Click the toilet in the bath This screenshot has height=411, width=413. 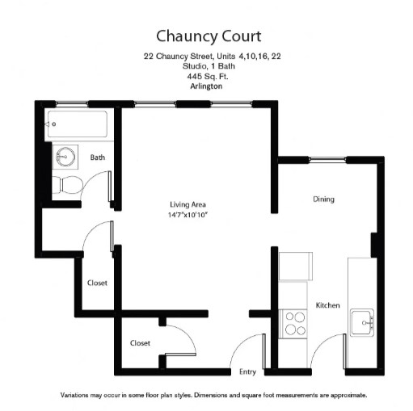(67, 185)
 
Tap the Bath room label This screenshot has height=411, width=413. (98, 157)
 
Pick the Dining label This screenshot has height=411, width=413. (323, 199)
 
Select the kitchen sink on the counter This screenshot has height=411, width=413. (363, 323)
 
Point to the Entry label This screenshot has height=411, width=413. (248, 371)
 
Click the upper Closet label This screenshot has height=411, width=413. (98, 283)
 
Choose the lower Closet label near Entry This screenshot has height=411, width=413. (140, 343)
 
